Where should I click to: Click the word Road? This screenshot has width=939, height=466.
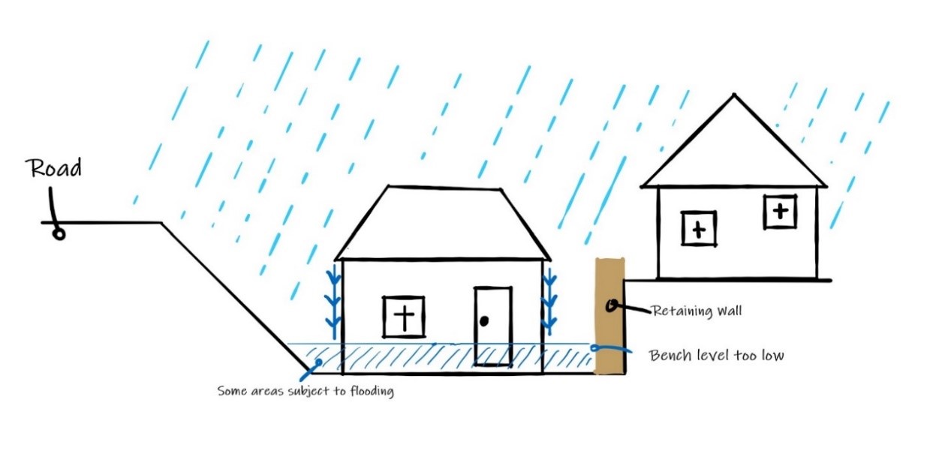pos(53,168)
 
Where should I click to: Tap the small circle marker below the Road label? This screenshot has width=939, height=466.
pos(59,234)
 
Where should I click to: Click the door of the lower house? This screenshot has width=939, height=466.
pos(493,326)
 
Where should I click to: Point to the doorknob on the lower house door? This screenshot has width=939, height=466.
pos(484,321)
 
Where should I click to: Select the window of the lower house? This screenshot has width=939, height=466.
pos(404,317)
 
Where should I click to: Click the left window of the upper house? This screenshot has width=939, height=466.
pos(698,228)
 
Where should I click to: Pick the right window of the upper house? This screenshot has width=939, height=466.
pos(780,212)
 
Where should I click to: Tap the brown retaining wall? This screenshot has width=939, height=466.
pos(610,316)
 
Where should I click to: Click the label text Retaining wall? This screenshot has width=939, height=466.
pos(697,311)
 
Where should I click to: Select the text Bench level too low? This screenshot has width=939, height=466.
pos(716,356)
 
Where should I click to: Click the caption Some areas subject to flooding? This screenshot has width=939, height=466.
pos(305,391)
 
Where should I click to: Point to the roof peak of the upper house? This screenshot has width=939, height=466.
pos(734,95)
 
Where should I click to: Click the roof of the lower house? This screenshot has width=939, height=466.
pos(443,223)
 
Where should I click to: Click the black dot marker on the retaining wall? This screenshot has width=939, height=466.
pos(611,306)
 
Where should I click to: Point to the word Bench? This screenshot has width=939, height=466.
pos(670,356)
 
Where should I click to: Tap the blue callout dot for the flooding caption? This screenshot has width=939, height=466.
pos(318,362)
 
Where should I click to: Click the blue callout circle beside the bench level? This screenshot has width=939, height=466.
pos(594,347)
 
